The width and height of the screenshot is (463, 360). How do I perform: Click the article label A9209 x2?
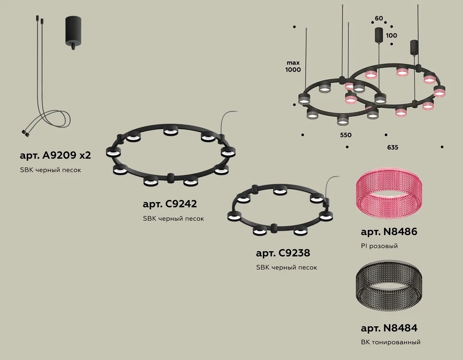tap(56, 155)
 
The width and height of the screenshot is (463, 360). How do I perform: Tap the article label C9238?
tap(283, 253)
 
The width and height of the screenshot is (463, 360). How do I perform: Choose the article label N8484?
tap(389, 328)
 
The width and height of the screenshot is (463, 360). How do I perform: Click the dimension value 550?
tap(346, 135)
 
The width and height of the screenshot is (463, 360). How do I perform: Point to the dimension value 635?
tap(392, 147)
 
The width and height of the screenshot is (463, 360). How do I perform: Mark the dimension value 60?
tap(379, 19)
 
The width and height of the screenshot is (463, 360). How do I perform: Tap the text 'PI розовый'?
tap(379, 246)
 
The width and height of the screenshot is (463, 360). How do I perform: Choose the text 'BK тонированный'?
tap(390, 343)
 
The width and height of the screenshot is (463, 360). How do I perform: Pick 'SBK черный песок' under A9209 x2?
tap(51, 170)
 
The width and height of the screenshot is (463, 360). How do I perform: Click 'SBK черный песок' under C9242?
tap(173, 218)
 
